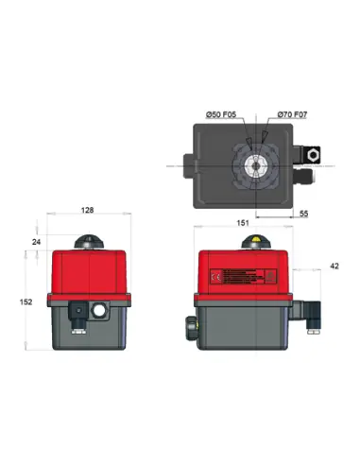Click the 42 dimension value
pos(334,267)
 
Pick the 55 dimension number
pos(302,215)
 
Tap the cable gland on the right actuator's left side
pos(190,326)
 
